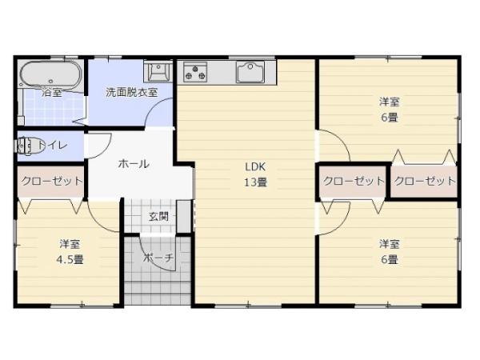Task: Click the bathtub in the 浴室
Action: tap(50, 75)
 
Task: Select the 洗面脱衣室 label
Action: tap(132, 91)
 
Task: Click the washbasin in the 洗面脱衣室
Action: tap(158, 71)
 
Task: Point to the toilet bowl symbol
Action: tap(30, 146)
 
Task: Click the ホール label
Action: tap(134, 164)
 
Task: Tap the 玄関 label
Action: tap(158, 215)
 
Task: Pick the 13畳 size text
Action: tap(255, 182)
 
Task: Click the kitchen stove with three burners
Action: tap(196, 72)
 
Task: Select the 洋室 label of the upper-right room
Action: tap(390, 102)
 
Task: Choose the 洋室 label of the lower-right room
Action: tap(390, 243)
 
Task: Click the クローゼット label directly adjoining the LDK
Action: tap(354, 181)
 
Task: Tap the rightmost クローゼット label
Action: tap(425, 181)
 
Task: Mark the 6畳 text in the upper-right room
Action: tap(390, 117)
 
